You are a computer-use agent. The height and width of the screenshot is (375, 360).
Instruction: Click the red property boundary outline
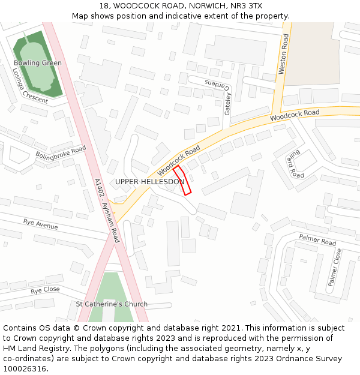coord(182,180)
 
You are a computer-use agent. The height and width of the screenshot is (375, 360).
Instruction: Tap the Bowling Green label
coord(37,63)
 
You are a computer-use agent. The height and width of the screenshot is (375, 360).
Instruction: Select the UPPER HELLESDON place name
coord(149,182)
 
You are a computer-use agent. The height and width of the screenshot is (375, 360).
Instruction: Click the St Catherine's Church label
coord(112,304)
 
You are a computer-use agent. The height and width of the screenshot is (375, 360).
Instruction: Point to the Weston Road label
coord(284,54)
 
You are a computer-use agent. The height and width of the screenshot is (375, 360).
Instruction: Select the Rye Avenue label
coord(41,224)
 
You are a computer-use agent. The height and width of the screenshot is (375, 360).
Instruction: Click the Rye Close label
coord(46,290)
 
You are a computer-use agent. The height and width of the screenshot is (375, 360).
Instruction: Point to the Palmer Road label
coord(317,240)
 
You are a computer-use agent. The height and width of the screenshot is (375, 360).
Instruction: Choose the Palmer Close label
coord(334,267)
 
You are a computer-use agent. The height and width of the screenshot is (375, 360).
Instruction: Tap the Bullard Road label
coord(295,164)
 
